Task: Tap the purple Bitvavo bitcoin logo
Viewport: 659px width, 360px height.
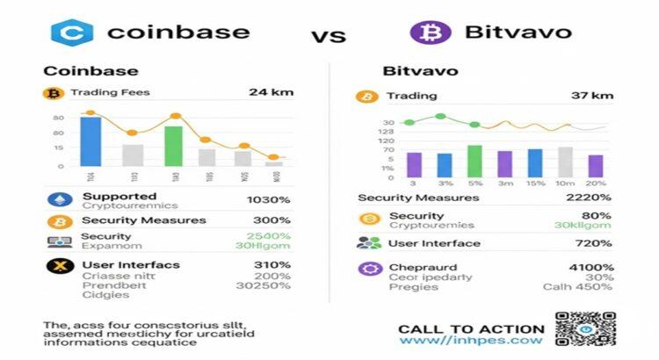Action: (431, 32)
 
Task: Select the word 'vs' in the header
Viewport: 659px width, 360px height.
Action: (328, 37)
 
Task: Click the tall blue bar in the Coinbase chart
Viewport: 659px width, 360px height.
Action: (91, 140)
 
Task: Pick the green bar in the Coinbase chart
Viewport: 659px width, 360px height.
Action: (174, 146)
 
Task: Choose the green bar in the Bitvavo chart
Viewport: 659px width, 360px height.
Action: (474, 161)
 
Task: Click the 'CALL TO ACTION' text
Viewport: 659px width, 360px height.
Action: (471, 329)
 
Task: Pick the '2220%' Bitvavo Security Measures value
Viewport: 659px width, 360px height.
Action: (589, 198)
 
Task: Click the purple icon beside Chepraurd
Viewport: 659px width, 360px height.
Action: (370, 269)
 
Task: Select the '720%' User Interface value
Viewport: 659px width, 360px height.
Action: (594, 243)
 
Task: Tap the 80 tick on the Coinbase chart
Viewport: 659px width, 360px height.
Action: (59, 117)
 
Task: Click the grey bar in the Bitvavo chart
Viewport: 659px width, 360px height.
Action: (565, 162)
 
